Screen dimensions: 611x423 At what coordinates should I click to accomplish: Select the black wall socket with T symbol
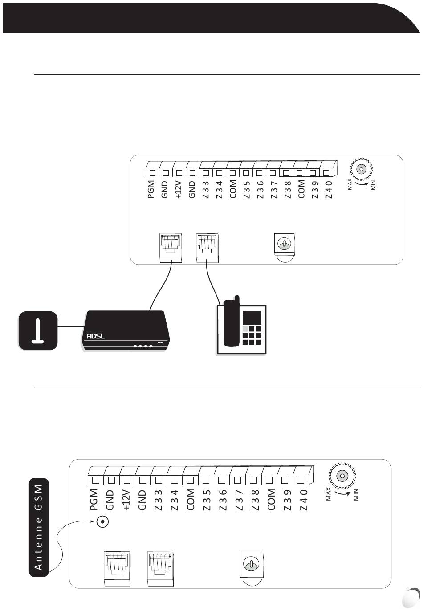(x=38, y=330)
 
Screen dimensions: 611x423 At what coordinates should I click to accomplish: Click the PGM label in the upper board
(x=151, y=189)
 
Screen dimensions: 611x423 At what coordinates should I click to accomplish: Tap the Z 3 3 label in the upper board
(x=205, y=189)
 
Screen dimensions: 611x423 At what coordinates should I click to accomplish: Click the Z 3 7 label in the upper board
(x=274, y=189)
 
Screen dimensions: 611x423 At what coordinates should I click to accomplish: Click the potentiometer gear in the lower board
(x=342, y=475)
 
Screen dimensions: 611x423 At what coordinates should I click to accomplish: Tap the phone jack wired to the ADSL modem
(x=171, y=247)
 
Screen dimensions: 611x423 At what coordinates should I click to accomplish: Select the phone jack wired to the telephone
(x=207, y=247)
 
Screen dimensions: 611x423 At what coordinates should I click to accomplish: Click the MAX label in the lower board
(x=329, y=493)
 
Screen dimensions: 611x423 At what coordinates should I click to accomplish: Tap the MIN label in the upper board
(x=373, y=185)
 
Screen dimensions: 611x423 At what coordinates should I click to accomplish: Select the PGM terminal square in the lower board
(x=95, y=480)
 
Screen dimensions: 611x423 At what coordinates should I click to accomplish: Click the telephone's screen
(x=252, y=318)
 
